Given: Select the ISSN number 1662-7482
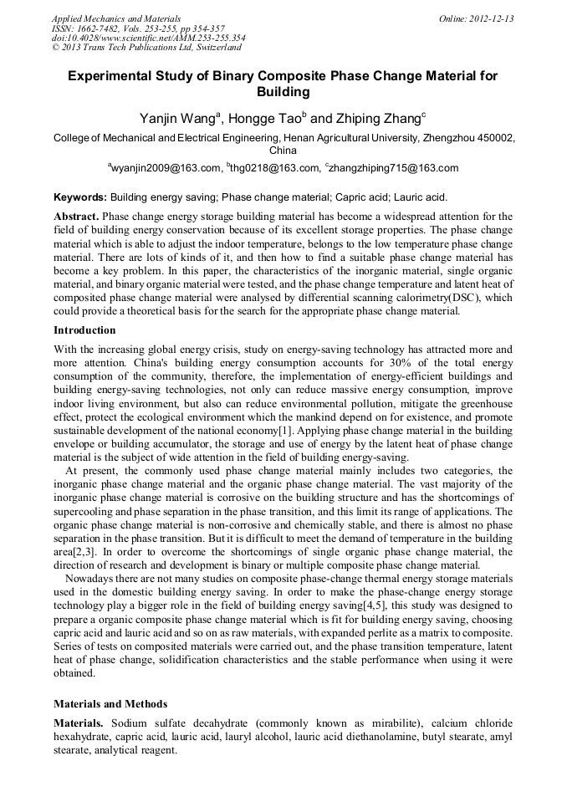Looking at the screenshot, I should pos(98,28).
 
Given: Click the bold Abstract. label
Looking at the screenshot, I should pos(76,216).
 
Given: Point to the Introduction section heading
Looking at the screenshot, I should pos(84,329).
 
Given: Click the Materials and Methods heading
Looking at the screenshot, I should pos(110,703).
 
